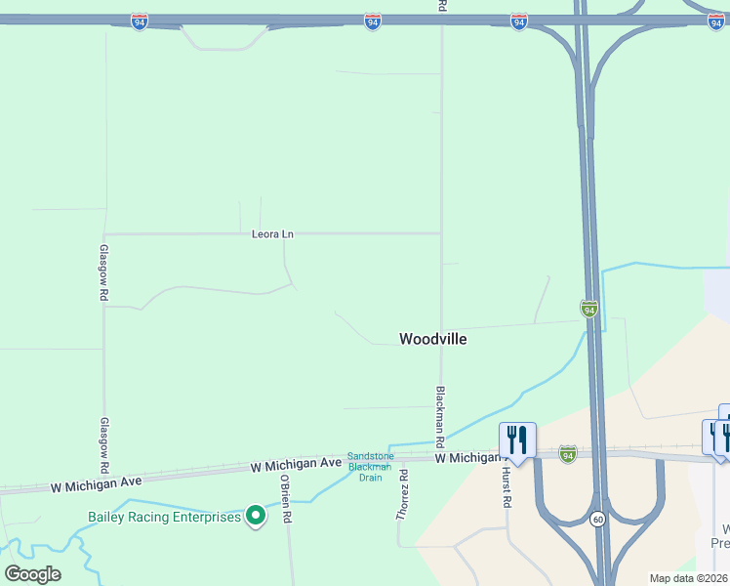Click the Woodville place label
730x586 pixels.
pyautogui.click(x=432, y=339)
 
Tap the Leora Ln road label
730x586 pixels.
pyautogui.click(x=272, y=234)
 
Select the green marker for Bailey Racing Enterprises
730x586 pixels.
pyautogui.click(x=256, y=515)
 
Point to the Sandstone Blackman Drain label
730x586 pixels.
pyautogui.click(x=370, y=467)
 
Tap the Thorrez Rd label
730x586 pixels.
pyautogui.click(x=401, y=493)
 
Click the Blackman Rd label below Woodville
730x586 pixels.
pyautogui.click(x=441, y=409)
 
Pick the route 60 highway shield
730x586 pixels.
pyautogui.click(x=597, y=519)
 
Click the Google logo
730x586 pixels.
pyautogui.click(x=33, y=574)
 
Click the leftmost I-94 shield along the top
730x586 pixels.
pyautogui.click(x=141, y=21)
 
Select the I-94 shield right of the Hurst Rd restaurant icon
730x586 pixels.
pyautogui.click(x=568, y=453)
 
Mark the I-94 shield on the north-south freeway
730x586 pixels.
pyautogui.click(x=588, y=309)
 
